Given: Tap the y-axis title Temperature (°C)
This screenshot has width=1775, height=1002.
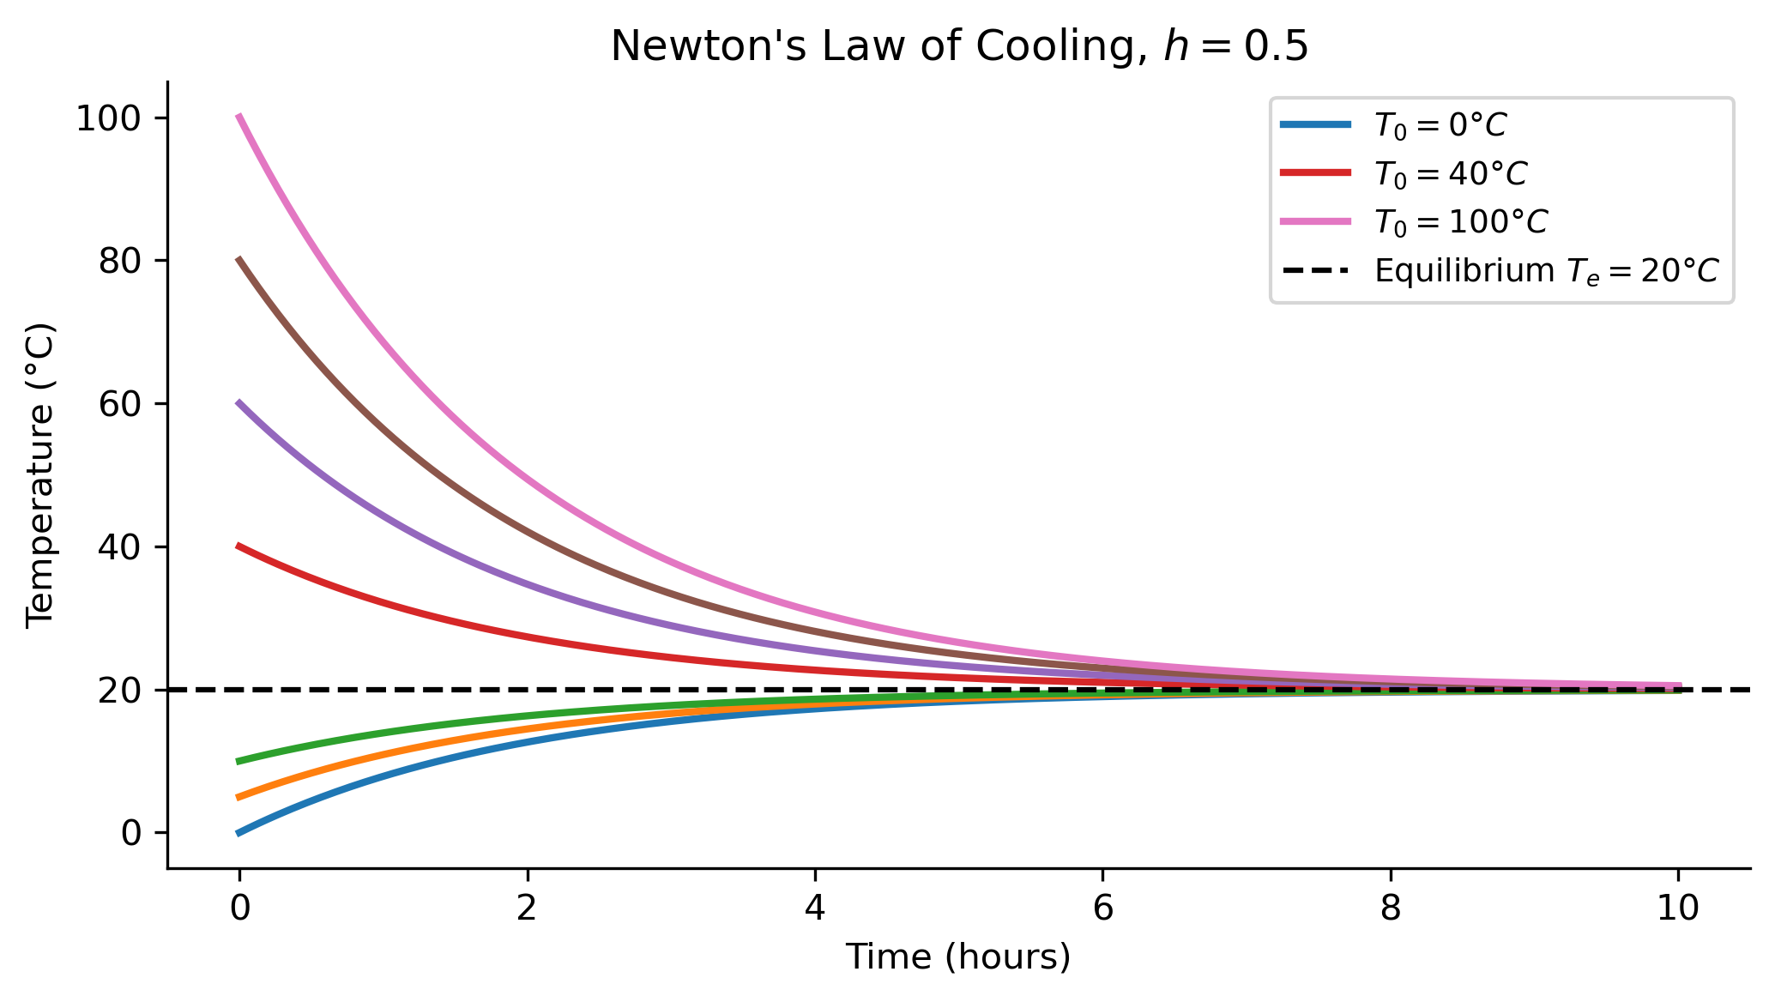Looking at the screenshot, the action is coord(40,475).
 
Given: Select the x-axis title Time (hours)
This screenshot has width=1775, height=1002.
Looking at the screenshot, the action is coord(958,957).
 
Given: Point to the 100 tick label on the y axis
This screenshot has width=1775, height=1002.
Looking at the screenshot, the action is coord(109,118).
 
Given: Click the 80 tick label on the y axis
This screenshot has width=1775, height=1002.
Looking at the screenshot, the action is coord(120,261).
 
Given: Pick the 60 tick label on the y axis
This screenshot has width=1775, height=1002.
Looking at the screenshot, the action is coord(120,404).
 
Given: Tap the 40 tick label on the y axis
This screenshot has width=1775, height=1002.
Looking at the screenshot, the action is coord(120,547).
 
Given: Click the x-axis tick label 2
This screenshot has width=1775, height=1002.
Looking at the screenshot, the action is coord(527,907).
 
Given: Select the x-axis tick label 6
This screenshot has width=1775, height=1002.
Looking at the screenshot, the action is coord(1102,907).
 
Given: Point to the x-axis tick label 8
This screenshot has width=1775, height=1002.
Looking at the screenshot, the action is coord(1391,907).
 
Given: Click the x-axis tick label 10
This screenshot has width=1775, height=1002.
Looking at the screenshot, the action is coord(1678,907).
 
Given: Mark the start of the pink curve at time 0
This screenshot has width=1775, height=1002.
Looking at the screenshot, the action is coord(238,116).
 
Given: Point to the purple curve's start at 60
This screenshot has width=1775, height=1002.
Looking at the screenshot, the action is coord(238,402).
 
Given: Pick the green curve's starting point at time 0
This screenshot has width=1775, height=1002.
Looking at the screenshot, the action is coord(238,761).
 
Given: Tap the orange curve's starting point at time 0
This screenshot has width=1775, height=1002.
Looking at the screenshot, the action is coord(238,797).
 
